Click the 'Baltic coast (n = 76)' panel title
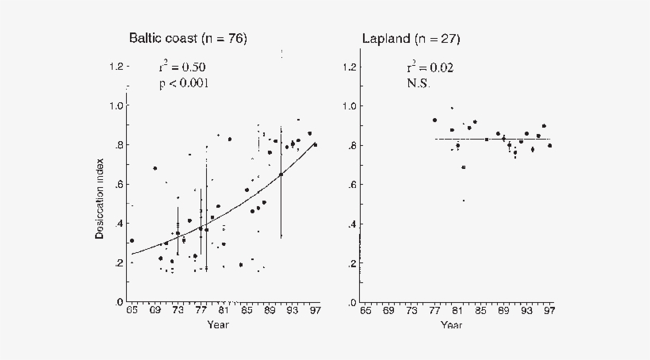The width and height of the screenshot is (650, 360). pyautogui.click(x=188, y=39)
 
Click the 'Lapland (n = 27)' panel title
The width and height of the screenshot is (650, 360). pyautogui.click(x=411, y=39)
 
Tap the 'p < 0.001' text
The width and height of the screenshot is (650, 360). pyautogui.click(x=184, y=83)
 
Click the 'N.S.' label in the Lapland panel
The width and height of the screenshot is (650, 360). pyautogui.click(x=418, y=83)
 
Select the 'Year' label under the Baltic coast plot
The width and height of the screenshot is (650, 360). pyautogui.click(x=219, y=324)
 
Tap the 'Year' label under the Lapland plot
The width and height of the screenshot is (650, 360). pyautogui.click(x=451, y=324)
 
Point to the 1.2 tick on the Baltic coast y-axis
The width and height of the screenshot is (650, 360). pyautogui.click(x=116, y=67)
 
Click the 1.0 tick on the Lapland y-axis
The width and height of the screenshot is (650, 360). pyautogui.click(x=348, y=105)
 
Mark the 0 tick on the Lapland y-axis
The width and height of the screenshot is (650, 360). pyautogui.click(x=352, y=303)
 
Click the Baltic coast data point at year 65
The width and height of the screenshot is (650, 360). pyautogui.click(x=132, y=241)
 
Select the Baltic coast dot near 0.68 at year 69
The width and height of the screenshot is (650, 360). pyautogui.click(x=155, y=168)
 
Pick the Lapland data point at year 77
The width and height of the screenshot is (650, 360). pyautogui.click(x=434, y=120)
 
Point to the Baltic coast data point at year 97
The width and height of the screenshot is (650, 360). pyautogui.click(x=315, y=144)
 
